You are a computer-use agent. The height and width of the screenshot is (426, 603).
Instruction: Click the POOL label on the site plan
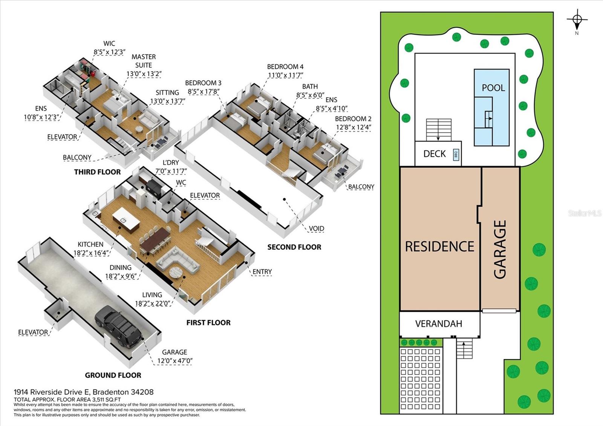493,88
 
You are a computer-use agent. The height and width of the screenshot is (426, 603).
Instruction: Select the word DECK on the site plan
435,154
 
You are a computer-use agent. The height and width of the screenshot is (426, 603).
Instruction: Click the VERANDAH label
439,323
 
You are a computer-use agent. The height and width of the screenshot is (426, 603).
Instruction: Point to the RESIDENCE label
439,247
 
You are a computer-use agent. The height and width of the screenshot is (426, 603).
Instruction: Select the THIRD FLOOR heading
98,172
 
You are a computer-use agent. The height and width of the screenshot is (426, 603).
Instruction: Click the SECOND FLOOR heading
294,247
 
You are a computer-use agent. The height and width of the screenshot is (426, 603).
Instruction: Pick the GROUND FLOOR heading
113,375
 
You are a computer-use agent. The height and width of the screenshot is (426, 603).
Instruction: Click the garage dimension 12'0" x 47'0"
175,360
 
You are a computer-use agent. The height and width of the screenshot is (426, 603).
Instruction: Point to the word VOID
316,228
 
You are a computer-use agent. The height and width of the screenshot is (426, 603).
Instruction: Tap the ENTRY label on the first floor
262,272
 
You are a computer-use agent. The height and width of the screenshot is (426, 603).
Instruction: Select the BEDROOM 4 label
285,66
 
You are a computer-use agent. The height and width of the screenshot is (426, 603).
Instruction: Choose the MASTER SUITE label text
144,61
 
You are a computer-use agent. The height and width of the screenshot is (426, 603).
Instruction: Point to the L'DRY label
171,162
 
